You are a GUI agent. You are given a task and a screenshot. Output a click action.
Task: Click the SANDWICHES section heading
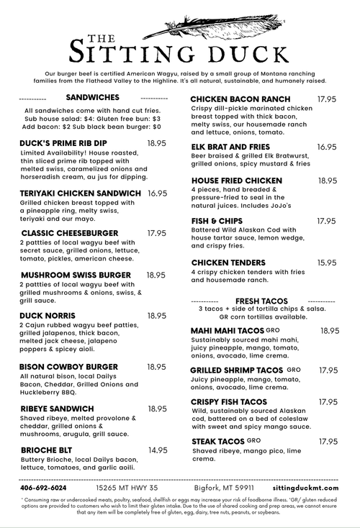pos(92,97)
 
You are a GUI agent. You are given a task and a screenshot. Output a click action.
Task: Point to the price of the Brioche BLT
pos(158,450)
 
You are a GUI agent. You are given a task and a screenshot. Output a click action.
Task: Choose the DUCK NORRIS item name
pos(48,316)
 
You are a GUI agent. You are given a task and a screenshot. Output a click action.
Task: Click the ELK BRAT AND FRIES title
pos(230,147)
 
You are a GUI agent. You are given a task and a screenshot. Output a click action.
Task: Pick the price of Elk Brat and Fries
pos(327,147)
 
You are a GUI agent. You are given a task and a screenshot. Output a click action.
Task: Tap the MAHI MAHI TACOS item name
pos(227,331)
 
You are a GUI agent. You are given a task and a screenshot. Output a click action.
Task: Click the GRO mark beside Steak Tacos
pos(253,440)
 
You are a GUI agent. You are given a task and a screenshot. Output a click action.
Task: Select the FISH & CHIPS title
pos(217,221)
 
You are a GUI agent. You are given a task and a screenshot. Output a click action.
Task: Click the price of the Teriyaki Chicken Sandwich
pos(158,194)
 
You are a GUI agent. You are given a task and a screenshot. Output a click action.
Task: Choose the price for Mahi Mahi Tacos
pos(330,331)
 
